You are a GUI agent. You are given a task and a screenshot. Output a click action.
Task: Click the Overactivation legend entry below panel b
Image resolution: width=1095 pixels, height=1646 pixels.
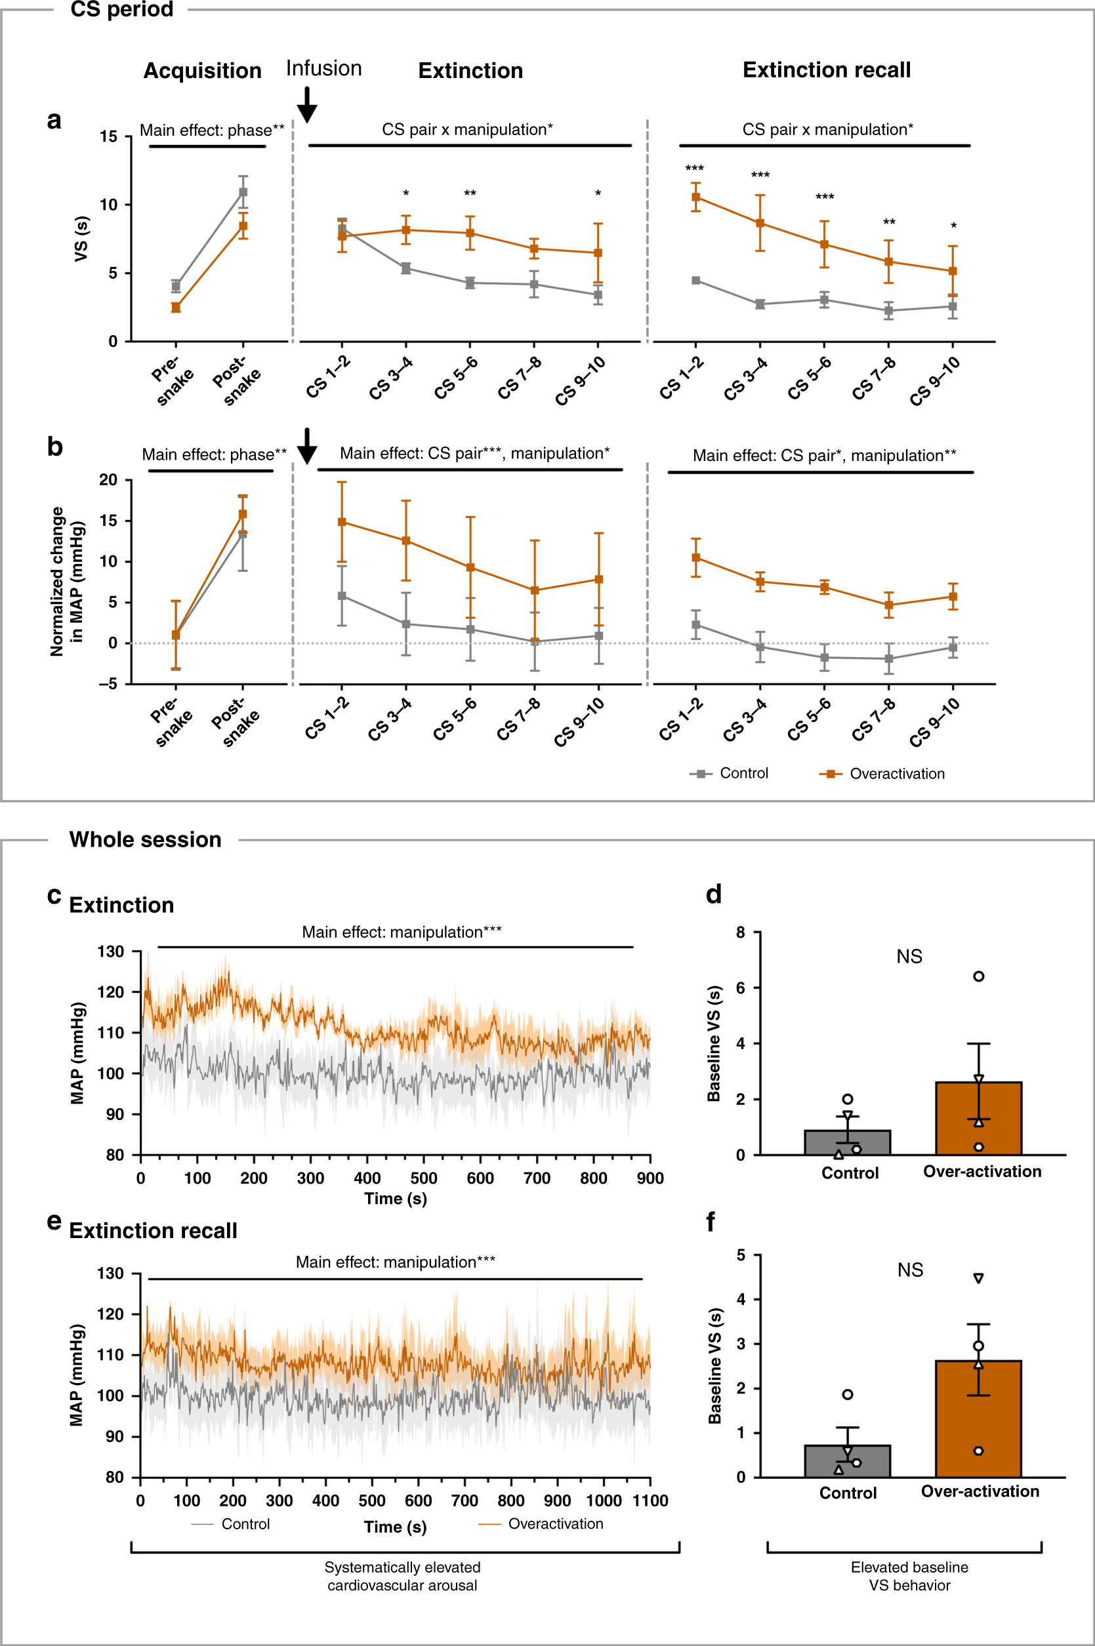click(882, 773)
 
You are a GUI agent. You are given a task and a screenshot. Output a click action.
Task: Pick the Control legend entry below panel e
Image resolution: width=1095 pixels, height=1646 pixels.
click(230, 1524)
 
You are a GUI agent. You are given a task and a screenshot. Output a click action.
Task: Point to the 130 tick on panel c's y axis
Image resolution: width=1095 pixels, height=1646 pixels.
click(110, 952)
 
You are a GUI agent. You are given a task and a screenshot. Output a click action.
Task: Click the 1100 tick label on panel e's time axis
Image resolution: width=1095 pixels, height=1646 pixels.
click(650, 1501)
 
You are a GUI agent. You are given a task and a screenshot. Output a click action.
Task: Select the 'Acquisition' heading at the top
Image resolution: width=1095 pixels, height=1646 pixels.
click(203, 71)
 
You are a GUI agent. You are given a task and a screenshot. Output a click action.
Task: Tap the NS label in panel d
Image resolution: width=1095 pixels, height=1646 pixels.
click(909, 956)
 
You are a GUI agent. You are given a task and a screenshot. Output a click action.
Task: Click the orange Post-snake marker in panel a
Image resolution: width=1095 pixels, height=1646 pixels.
click(243, 226)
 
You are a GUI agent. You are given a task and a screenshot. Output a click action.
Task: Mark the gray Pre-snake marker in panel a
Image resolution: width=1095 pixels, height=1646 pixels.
click(176, 286)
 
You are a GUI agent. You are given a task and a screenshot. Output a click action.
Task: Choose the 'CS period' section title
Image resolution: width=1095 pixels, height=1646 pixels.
click(121, 10)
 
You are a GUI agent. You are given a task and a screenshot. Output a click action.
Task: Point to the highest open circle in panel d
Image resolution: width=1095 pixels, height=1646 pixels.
click(978, 976)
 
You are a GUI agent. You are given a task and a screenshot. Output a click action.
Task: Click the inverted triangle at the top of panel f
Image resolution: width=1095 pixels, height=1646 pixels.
click(978, 1278)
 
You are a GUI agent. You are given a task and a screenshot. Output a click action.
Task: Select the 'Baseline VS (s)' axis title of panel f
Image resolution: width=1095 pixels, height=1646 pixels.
click(714, 1365)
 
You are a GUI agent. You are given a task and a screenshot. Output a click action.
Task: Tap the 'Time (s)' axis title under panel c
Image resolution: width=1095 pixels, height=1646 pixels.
click(395, 1199)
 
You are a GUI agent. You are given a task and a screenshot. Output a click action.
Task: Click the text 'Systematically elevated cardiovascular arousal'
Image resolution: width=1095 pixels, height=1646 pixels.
click(402, 1576)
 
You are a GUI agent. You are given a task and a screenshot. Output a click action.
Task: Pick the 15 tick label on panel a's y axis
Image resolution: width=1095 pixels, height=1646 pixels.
click(109, 136)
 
